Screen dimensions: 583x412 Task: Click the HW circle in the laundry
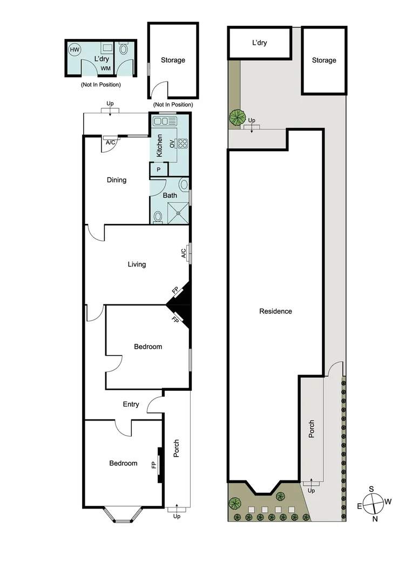pos(73,50)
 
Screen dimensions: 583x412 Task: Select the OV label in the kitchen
pos(172,144)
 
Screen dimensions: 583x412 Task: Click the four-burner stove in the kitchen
pos(183,144)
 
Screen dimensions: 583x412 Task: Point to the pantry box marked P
pos(158,170)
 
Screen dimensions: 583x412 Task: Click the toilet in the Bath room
pos(158,216)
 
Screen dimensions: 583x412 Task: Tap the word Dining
pos(116,180)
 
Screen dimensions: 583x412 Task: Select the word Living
pos(137,265)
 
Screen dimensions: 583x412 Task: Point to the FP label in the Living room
pos(175,291)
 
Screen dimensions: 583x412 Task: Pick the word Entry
pos(131,404)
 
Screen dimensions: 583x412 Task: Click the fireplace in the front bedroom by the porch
pos(160,464)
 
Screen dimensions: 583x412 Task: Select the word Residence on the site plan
pos(275,311)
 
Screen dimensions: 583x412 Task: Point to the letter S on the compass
pos(372,489)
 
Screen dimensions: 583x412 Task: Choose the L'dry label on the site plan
pos(260,43)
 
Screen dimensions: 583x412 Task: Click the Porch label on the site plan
pos(312,430)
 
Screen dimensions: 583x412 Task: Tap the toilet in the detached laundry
pos(124,49)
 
